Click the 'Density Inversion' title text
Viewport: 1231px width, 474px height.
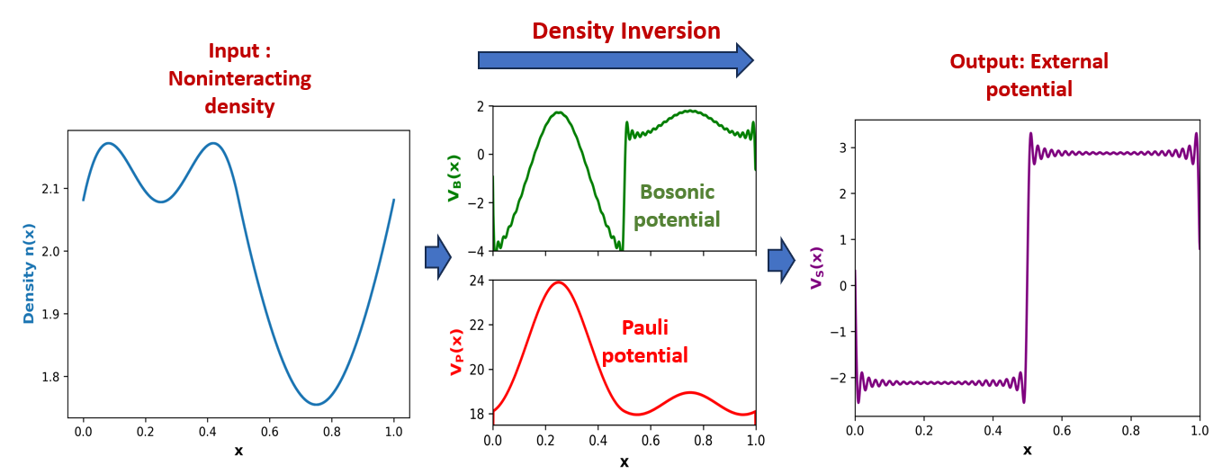pos(626,31)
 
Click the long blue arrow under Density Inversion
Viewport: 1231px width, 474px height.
pos(615,60)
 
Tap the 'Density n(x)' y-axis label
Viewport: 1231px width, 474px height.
pos(29,273)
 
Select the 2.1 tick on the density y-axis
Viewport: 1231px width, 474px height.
pos(50,189)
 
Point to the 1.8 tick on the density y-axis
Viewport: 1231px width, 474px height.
pos(50,377)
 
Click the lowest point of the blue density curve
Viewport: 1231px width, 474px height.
pos(317,404)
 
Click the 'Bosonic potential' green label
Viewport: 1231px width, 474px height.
pos(677,205)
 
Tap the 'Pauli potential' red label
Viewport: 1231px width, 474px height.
pos(644,341)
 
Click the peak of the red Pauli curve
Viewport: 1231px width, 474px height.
pos(559,282)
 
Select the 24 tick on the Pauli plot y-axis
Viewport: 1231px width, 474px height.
pos(476,281)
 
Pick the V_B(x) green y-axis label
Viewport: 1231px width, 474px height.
pos(454,178)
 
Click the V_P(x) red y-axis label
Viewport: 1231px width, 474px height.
pos(456,352)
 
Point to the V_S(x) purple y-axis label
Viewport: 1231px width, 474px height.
pos(817,267)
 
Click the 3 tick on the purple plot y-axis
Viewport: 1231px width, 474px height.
pos(843,148)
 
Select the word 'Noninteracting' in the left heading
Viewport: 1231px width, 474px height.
pos(239,78)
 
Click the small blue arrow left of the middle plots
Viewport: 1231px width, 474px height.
pos(438,256)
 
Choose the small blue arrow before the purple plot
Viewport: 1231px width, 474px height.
pos(781,260)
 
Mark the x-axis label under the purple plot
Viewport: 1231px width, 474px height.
pos(1027,451)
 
